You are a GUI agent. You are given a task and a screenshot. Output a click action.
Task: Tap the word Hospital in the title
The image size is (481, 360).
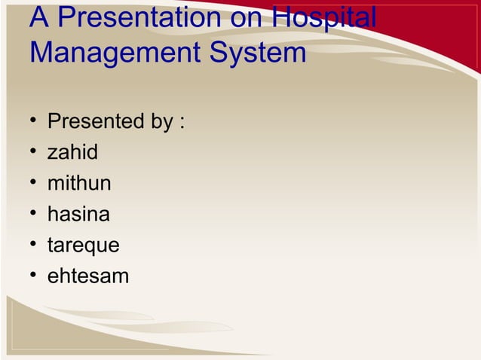coord(323,20)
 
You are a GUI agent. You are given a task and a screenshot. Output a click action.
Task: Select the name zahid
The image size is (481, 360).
coord(72,152)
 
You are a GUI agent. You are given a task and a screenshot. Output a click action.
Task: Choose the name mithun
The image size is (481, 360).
coord(79,183)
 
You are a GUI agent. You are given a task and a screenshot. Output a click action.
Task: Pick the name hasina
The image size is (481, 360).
coord(78,214)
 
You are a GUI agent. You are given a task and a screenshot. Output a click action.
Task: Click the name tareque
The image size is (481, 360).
coord(83,246)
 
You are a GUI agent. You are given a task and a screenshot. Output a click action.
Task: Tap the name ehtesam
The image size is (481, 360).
coord(87,276)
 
